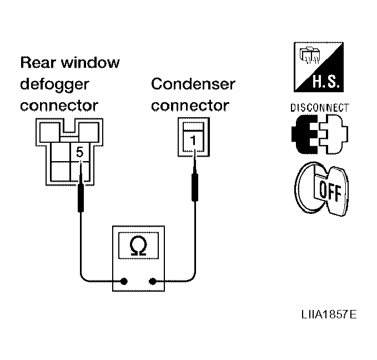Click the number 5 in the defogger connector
point(79,152)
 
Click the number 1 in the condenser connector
point(193,141)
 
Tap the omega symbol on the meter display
point(138,246)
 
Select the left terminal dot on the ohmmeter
point(124,281)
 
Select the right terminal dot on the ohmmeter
point(153,281)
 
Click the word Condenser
point(193,84)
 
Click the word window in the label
point(90,62)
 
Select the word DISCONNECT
point(320,108)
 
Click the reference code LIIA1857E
point(329,314)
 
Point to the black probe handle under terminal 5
point(81,198)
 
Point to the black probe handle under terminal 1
point(195,187)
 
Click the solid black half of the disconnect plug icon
point(304,134)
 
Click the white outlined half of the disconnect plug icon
point(334,134)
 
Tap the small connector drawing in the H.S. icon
point(310,56)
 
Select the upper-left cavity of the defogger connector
point(49,132)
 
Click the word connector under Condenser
point(190,106)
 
